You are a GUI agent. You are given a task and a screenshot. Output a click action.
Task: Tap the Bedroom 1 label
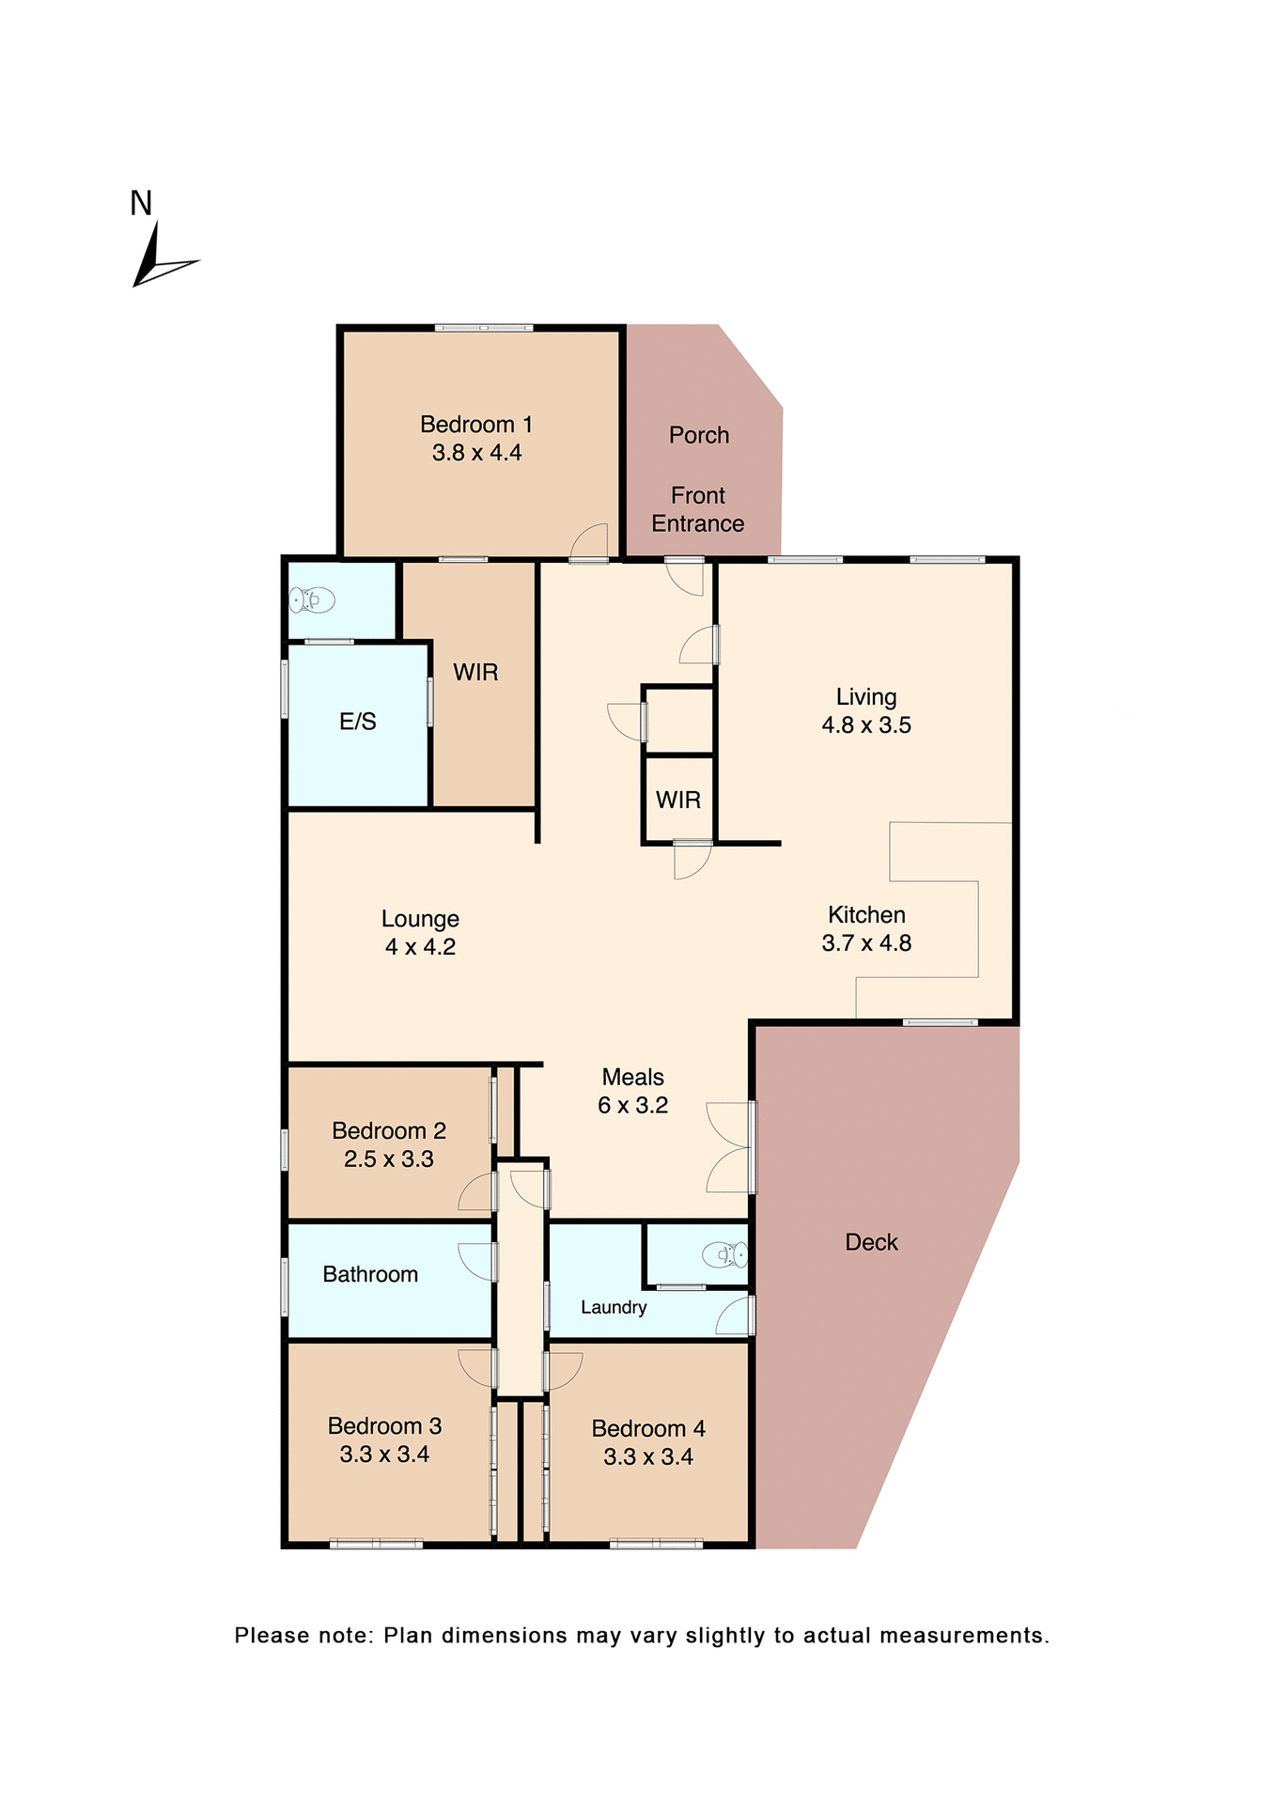pos(476,425)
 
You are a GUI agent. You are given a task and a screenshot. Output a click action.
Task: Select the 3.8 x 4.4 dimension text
pos(476,453)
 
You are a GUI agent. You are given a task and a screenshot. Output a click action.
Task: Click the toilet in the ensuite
pos(313,599)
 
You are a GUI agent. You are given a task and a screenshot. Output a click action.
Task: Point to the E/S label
pos(357,722)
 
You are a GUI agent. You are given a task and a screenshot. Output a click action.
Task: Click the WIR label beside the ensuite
pos(475,673)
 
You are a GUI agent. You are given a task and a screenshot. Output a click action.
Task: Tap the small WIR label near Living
pos(677,800)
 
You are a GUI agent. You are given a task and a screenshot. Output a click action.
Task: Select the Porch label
pos(699,435)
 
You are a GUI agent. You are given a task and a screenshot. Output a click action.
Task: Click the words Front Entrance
pos(698,509)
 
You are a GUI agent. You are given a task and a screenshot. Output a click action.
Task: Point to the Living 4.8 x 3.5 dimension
pos(866,725)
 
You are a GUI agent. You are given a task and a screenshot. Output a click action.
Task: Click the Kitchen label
pos(866,915)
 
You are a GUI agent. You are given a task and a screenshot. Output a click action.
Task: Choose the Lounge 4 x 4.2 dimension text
pos(420,947)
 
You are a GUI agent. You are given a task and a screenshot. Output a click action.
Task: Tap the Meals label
pos(632,1078)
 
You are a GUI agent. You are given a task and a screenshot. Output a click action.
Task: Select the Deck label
pos(871,1242)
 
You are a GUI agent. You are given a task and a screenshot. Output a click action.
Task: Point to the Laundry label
pos(614,1307)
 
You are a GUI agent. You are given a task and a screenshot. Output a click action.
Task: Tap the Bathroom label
pos(370,1275)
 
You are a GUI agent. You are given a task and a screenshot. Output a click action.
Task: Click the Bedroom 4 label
pos(648,1429)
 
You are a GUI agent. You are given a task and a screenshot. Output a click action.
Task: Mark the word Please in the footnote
pos(271,1636)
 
